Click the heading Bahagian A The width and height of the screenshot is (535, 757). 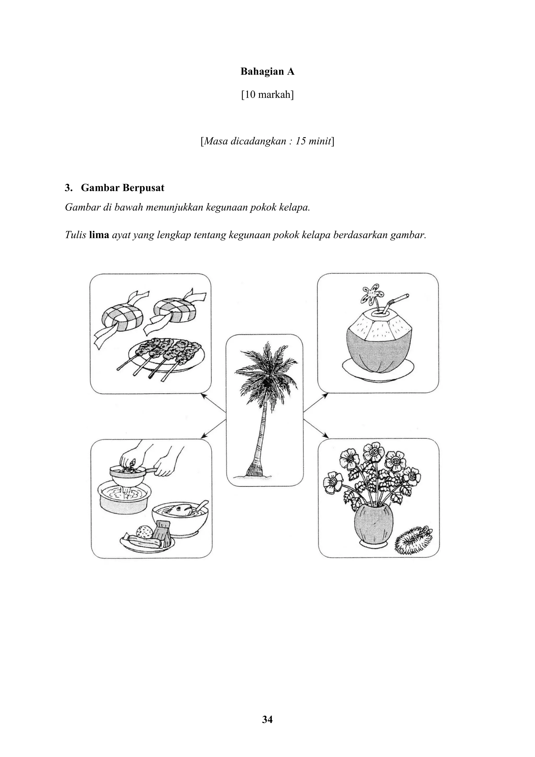[267, 72]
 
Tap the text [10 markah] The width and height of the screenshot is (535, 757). [267, 95]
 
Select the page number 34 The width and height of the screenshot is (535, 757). [267, 719]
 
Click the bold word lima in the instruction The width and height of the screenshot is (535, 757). [99, 235]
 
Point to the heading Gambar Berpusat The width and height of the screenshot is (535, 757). [123, 188]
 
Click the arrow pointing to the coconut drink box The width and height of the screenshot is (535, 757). [316, 403]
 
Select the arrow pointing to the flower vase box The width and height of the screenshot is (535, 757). [316, 429]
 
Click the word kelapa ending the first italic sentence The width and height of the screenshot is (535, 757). [296, 208]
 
